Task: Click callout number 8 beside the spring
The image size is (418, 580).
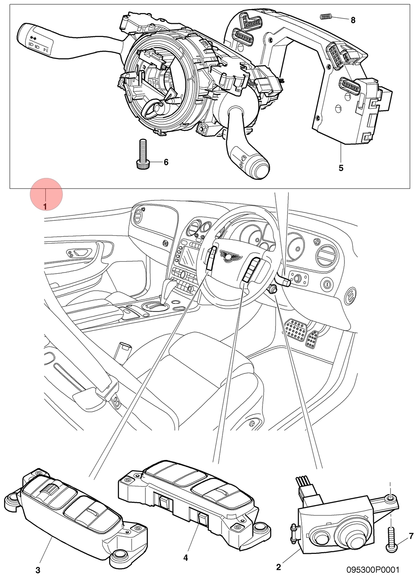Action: pos(353,20)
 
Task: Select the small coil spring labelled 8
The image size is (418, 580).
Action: pos(326,17)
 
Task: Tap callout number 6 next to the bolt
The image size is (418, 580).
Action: pos(166,162)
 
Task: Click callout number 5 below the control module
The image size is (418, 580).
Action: pos(341,168)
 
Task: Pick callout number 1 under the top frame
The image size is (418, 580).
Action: pos(45,207)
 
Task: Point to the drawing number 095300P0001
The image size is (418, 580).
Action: pos(373,569)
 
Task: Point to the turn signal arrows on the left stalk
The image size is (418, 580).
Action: pos(33,38)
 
